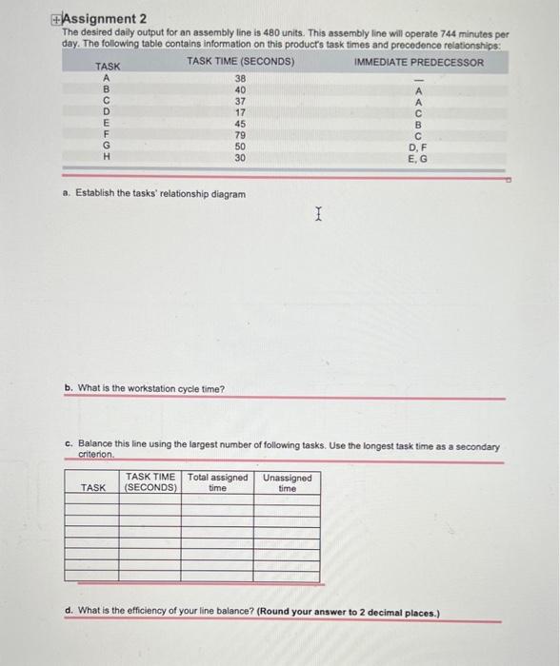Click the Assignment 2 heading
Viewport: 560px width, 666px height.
tap(100, 18)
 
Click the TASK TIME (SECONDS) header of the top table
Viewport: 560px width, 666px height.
tap(240, 62)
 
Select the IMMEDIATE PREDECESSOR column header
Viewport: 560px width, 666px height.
tap(418, 62)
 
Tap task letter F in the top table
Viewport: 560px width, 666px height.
tap(108, 135)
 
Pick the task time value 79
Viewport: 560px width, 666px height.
tap(240, 135)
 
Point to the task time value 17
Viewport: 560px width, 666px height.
tap(240, 112)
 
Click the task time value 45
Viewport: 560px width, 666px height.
tap(240, 124)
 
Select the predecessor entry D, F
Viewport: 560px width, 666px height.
tap(418, 147)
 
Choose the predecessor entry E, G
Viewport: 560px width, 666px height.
tap(418, 158)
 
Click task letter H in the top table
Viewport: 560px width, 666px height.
tap(108, 158)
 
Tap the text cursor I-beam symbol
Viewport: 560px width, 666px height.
tap(319, 218)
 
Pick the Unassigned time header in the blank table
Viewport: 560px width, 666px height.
tap(287, 482)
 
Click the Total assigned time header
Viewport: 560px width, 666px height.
tap(217, 482)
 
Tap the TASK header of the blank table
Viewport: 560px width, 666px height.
tap(93, 487)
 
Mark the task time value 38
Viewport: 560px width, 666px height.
tap(240, 79)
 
